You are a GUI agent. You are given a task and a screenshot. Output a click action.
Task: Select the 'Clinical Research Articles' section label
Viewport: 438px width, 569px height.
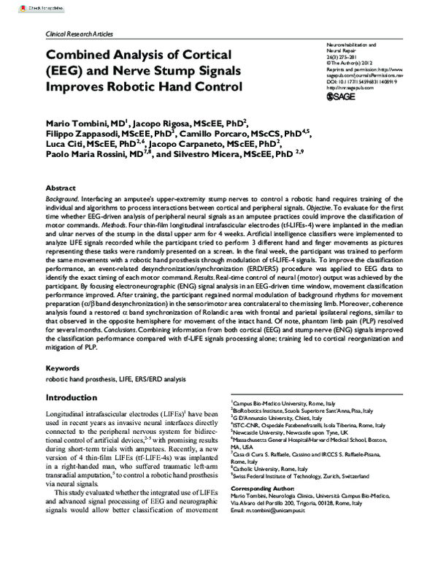[78, 35]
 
